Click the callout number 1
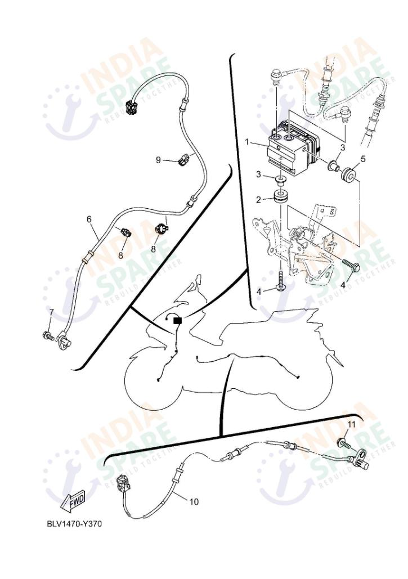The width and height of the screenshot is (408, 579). (x=247, y=143)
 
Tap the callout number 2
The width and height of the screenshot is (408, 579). (x=259, y=199)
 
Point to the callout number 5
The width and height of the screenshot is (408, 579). (x=362, y=159)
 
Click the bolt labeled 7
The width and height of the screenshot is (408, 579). (x=48, y=336)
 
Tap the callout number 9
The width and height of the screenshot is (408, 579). (x=159, y=160)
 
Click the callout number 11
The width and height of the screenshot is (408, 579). (x=351, y=424)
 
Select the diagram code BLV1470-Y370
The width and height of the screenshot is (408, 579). (x=75, y=524)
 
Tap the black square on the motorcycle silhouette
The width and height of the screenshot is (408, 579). (x=177, y=321)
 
